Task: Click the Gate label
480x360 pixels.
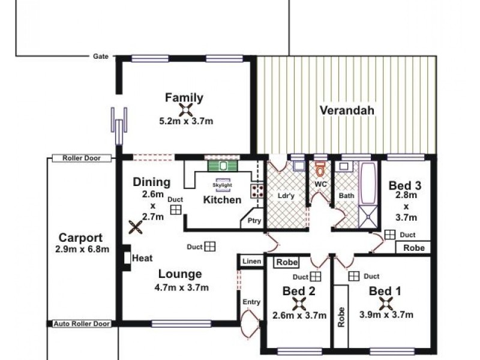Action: click(x=101, y=56)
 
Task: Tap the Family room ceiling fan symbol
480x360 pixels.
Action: click(x=185, y=110)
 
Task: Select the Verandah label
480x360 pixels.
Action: click(x=347, y=110)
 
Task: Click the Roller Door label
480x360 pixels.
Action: click(x=82, y=158)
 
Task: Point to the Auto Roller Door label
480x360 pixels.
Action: click(x=82, y=323)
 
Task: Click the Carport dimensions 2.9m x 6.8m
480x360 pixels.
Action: click(x=82, y=249)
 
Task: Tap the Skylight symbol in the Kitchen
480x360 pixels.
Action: click(x=223, y=185)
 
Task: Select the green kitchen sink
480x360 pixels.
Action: click(x=223, y=166)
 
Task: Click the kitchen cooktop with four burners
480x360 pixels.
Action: click(x=257, y=191)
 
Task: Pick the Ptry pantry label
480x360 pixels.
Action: click(x=254, y=220)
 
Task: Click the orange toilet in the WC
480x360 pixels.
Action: click(x=320, y=169)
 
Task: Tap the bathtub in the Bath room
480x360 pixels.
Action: click(x=368, y=184)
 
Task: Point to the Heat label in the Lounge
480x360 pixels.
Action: click(x=142, y=258)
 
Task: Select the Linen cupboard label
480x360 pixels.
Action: click(x=251, y=261)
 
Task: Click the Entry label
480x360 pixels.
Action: click(x=251, y=302)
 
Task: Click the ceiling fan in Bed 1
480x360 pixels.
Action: click(x=385, y=304)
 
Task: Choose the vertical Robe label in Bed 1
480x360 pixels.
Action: click(x=341, y=317)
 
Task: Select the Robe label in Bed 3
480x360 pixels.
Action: click(x=414, y=248)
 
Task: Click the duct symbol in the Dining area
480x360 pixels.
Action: click(x=176, y=209)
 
